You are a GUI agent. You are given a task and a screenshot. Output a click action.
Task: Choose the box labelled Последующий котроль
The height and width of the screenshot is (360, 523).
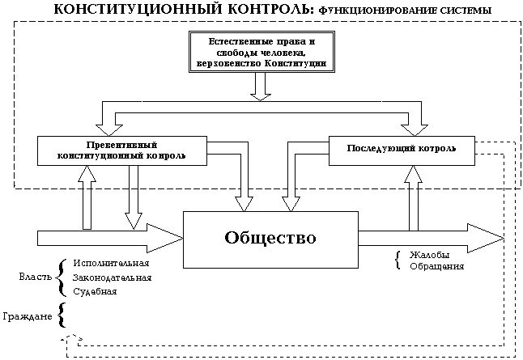400,150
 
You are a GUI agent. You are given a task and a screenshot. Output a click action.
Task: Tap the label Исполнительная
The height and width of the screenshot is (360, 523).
111,264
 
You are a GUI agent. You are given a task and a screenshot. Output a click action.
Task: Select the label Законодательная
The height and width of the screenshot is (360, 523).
112,277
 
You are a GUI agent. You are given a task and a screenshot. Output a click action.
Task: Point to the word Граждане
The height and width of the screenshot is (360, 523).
26,316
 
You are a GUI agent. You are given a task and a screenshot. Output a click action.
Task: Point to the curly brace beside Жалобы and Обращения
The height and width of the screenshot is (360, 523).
397,260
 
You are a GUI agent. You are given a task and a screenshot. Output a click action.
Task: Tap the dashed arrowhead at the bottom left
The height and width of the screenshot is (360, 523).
74,338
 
